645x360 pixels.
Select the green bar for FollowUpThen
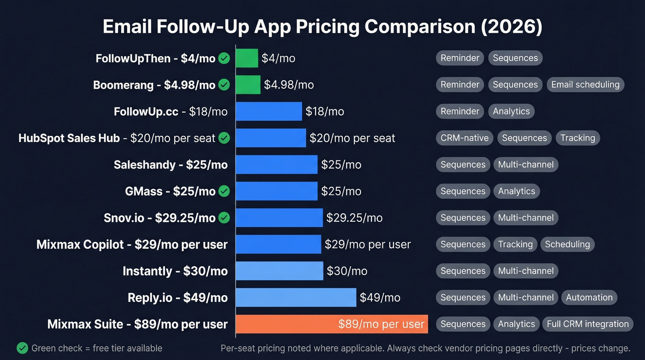tap(247, 58)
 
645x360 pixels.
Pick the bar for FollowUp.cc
tap(269, 112)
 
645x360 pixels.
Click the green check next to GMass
tap(224, 191)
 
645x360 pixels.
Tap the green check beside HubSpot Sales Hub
tap(224, 138)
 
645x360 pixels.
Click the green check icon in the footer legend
tap(22, 348)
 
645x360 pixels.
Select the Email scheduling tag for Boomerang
tap(585, 85)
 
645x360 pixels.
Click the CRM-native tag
tap(464, 138)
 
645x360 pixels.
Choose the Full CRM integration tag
tap(587, 324)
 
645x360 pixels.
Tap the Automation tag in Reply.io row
tap(589, 297)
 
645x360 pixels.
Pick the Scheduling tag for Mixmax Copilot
tap(567, 244)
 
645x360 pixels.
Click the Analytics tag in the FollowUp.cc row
tap(511, 112)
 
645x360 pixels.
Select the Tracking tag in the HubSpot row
tap(577, 138)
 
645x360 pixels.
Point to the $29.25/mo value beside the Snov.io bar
tap(354, 218)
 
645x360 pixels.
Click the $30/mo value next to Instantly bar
tap(347, 271)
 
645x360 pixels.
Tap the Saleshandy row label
tap(170, 165)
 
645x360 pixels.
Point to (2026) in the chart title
tap(511, 27)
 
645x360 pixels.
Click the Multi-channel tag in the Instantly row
tap(526, 271)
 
